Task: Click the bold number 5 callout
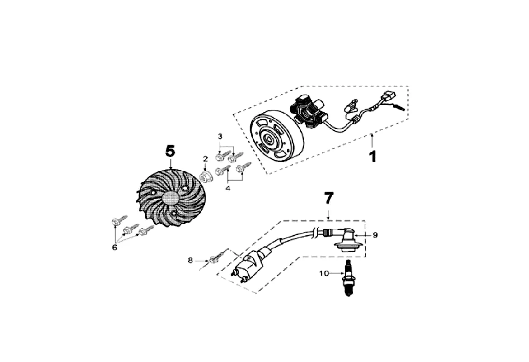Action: pos(170,151)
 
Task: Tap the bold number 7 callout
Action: pos(328,199)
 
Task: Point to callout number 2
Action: pos(205,159)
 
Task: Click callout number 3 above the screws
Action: pos(220,136)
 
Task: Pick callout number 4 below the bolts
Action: pos(228,188)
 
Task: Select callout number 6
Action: pos(114,247)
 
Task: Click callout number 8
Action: pos(190,260)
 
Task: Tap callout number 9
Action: pos(375,235)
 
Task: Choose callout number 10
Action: pos(324,273)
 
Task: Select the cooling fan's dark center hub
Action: pos(170,200)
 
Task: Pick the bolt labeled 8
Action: pos(215,258)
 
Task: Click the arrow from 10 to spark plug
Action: pos(337,273)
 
